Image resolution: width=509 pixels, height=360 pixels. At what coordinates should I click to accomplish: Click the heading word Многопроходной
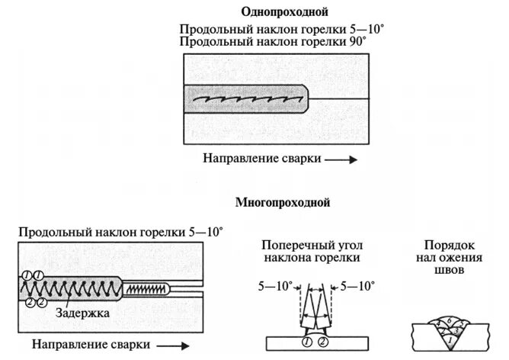pos(282,203)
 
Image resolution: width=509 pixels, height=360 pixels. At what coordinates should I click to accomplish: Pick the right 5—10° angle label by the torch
pos(356,287)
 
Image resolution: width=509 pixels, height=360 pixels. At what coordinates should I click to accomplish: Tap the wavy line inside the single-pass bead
pos(244,100)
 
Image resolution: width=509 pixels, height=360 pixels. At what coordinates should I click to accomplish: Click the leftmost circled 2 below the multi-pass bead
pos(30,304)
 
